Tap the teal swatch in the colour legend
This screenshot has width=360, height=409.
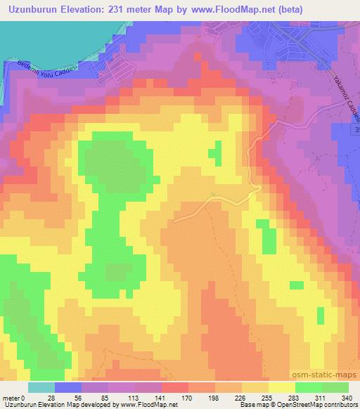pos(41,387)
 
